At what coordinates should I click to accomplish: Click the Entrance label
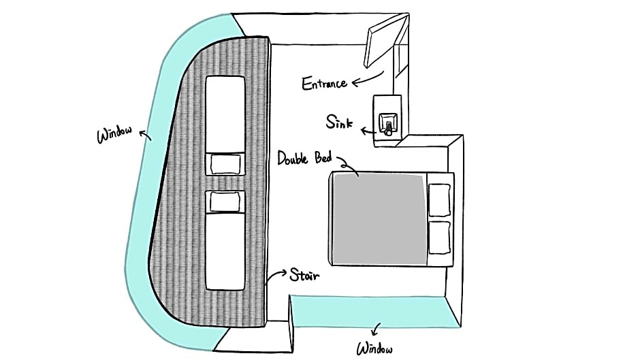tap(325, 83)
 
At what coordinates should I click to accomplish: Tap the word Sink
tap(339, 122)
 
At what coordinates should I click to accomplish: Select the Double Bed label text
tap(304, 158)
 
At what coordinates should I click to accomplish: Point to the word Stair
tap(304, 275)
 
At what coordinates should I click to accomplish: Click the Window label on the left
tap(114, 134)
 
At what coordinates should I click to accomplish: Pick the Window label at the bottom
tap(374, 349)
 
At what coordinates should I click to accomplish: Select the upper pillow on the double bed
tap(439, 199)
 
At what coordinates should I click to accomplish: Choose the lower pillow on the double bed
tap(439, 238)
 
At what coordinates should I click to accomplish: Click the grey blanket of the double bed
tap(380, 220)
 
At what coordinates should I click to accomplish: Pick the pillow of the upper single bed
tap(225, 164)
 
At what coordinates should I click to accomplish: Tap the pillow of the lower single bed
tap(225, 202)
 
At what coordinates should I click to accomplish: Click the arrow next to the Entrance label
tap(368, 80)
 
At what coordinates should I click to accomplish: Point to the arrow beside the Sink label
tap(368, 131)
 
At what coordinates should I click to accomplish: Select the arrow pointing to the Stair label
tap(276, 275)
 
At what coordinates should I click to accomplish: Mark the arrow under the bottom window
tap(376, 329)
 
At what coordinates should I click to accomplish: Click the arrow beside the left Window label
tap(145, 135)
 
